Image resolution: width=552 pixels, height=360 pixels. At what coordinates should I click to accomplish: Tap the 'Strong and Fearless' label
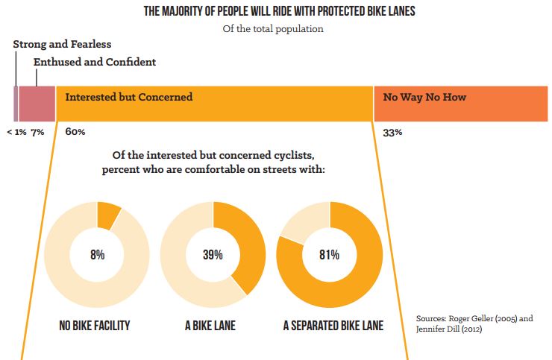click(x=62, y=45)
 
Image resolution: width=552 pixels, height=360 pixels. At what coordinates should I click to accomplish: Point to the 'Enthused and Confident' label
click(x=95, y=63)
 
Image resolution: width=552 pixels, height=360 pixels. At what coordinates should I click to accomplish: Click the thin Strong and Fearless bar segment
click(x=16, y=104)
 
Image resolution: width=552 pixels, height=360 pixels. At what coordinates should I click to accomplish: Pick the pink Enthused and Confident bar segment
click(x=37, y=104)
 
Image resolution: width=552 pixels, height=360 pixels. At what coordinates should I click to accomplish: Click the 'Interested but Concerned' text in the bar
click(x=129, y=97)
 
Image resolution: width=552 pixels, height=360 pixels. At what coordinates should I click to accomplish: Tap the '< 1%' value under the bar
click(x=16, y=132)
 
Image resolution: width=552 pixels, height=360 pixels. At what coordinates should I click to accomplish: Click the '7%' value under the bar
click(x=38, y=132)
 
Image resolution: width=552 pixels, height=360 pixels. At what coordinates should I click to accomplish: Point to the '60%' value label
click(x=75, y=132)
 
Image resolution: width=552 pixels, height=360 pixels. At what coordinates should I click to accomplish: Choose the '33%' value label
click(x=393, y=132)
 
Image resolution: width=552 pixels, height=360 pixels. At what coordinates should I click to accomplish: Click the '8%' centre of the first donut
click(x=96, y=255)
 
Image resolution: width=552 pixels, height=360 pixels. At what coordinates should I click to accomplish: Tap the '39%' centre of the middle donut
click(x=213, y=255)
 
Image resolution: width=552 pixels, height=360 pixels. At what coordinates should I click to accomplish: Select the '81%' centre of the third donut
click(x=329, y=255)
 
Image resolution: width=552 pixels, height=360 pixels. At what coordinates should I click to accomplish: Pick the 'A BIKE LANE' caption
click(x=213, y=326)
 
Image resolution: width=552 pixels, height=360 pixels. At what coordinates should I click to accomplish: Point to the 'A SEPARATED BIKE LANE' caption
click(x=333, y=326)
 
